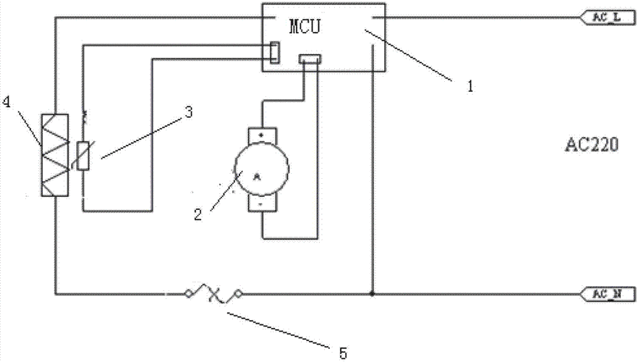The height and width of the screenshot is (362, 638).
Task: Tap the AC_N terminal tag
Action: tap(609, 294)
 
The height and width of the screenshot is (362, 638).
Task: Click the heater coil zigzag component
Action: tap(56, 154)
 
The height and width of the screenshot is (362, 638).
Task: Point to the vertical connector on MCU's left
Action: tap(275, 52)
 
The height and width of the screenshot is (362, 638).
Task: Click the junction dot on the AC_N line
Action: tap(372, 294)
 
